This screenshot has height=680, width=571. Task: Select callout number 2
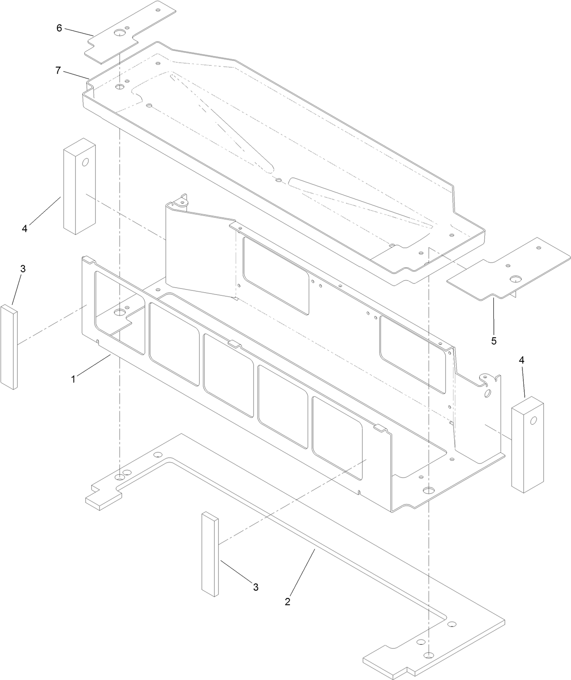pos(287,602)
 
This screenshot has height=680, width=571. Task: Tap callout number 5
pos(494,340)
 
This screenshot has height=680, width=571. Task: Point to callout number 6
pos(59,28)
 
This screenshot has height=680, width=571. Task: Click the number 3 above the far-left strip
pos(23,268)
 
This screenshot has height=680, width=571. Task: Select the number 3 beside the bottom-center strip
pos(256,587)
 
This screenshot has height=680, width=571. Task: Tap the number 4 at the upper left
pos(25,229)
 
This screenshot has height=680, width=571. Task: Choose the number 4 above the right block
pos(522,360)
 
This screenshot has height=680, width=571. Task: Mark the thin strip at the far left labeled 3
pos(9,347)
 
